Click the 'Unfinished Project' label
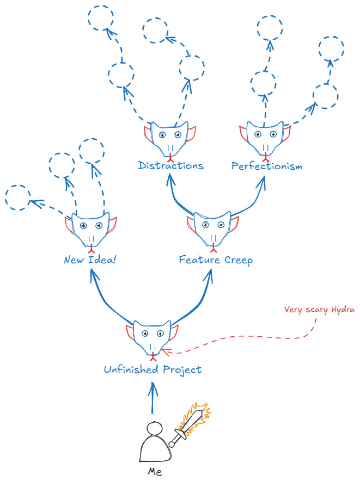[x=152, y=370]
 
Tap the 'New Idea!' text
[x=90, y=260]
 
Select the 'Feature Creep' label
[x=216, y=260]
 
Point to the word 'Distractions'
[x=170, y=165]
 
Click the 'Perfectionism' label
[x=266, y=165]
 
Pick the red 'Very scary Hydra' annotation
[x=319, y=310]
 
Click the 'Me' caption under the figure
[x=155, y=472]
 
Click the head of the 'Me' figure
[x=155, y=429]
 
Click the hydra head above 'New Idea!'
[x=91, y=229]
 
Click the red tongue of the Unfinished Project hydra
[x=154, y=358]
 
